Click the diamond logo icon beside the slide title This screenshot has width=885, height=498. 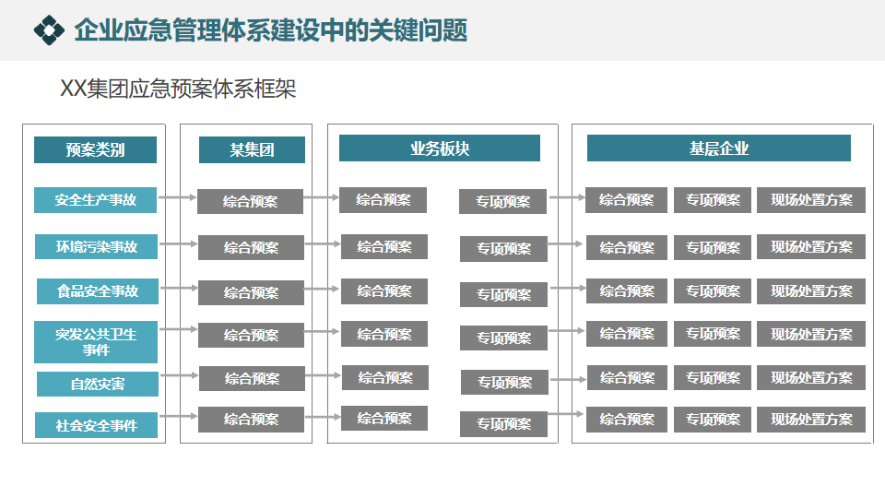click(x=49, y=30)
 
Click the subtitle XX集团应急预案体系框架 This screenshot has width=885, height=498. click(x=178, y=89)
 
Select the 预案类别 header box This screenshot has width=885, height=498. click(x=95, y=149)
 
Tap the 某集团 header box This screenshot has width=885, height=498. click(x=252, y=149)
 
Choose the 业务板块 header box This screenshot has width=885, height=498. click(x=439, y=148)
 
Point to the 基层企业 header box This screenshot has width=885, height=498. click(x=718, y=148)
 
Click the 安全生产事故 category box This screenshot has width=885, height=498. click(x=95, y=199)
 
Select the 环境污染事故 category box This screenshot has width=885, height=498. click(x=96, y=246)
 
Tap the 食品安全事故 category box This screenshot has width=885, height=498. click(x=97, y=290)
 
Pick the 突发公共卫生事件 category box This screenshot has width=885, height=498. click(x=95, y=341)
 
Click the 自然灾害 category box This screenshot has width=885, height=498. click(x=97, y=384)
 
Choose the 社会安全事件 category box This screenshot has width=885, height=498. click(x=96, y=425)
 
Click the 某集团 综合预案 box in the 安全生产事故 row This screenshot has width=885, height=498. click(x=250, y=200)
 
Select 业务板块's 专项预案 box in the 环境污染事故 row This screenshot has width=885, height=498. click(x=503, y=248)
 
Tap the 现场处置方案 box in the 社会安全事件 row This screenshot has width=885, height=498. click(x=811, y=420)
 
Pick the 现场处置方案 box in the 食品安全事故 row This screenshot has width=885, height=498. click(x=811, y=291)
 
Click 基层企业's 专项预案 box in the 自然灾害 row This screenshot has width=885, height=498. click(x=713, y=377)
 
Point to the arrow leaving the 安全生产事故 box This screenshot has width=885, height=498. click(x=177, y=196)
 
